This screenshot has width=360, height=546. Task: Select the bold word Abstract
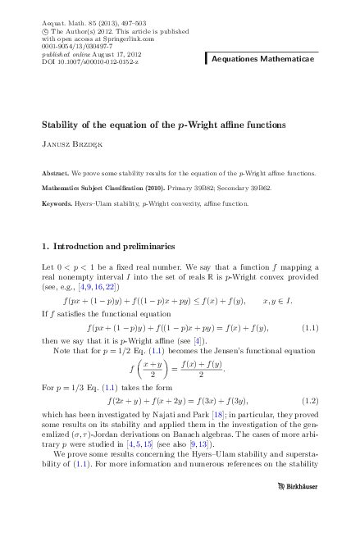point(55,174)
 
